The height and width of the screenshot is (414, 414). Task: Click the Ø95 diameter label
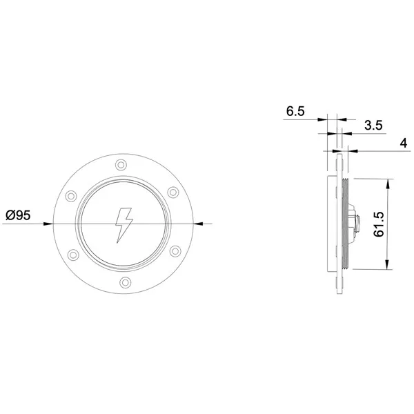pyautogui.click(x=18, y=215)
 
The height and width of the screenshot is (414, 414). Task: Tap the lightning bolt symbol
pyautogui.click(x=124, y=225)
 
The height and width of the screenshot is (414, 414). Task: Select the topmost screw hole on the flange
pyautogui.click(x=121, y=165)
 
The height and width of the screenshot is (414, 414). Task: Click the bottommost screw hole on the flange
pyautogui.click(x=125, y=282)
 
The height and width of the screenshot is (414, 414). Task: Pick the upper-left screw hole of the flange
pyautogui.click(x=71, y=196)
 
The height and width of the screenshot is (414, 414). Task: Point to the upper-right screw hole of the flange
pyautogui.click(x=173, y=192)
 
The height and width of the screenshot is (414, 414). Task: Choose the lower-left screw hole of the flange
pyautogui.click(x=73, y=255)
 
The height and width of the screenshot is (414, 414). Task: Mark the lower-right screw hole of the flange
pyautogui.click(x=175, y=251)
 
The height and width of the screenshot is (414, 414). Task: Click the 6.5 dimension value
pyautogui.click(x=295, y=111)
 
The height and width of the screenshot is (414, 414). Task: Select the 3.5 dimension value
pyautogui.click(x=373, y=125)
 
